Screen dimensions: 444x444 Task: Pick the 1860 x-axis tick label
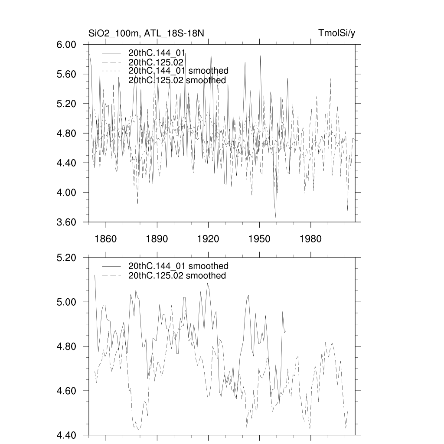coord(106,239)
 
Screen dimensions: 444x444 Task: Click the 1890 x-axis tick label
coord(157,239)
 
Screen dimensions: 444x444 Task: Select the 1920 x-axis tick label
coord(208,239)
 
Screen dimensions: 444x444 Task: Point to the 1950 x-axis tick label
coord(259,239)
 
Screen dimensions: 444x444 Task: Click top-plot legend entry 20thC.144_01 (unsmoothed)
coord(157,53)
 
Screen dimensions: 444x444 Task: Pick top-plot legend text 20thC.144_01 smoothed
coord(178,71)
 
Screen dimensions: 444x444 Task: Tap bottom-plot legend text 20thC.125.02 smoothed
coord(177,276)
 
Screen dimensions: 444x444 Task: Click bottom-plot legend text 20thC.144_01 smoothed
coord(178,266)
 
